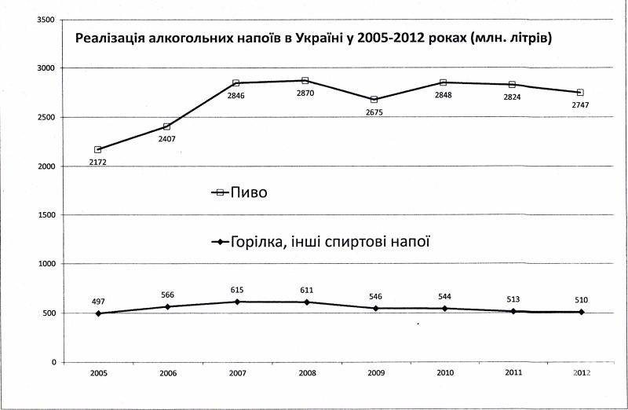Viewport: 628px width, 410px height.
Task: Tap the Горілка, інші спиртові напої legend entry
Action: click(322, 241)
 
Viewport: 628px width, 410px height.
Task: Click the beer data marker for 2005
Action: click(98, 149)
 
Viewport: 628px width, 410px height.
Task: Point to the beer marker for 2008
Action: click(305, 80)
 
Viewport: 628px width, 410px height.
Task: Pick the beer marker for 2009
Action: click(374, 100)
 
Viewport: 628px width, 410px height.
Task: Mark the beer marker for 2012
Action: click(581, 93)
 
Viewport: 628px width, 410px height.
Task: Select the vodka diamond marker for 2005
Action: click(98, 313)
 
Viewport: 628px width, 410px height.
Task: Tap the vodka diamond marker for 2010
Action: click(443, 309)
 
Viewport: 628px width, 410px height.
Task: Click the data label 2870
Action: click(305, 94)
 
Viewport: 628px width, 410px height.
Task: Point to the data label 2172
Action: click(98, 163)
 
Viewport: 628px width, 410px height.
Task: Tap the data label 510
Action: click(581, 299)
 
